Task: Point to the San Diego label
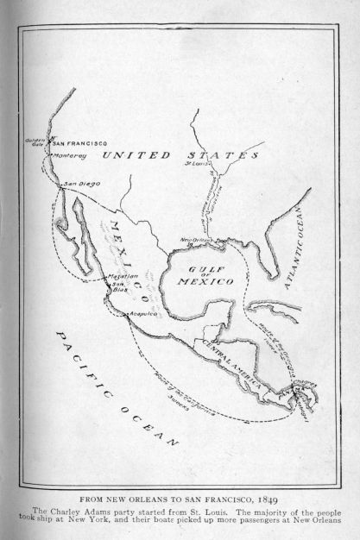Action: click(82, 184)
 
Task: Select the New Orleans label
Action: click(199, 240)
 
